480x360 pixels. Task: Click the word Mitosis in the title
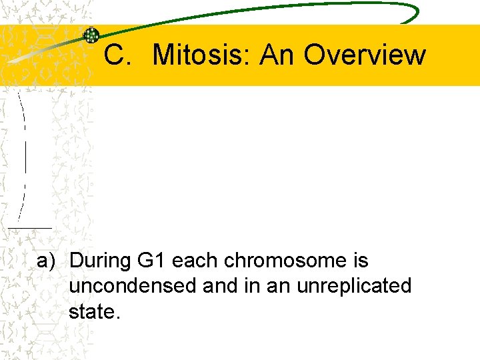[201, 55]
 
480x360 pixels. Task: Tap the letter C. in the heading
[117, 55]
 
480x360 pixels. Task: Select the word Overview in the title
[365, 55]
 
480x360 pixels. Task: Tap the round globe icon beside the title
[91, 36]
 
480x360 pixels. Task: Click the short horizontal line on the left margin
[30, 228]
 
